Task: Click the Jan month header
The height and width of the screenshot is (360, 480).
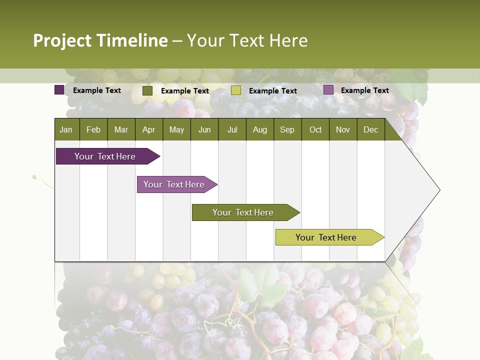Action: pos(66,129)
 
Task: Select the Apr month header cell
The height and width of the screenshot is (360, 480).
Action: pos(149,129)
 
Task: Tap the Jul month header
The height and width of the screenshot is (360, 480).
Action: pos(232,129)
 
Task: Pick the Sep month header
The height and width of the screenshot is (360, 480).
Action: pos(287,129)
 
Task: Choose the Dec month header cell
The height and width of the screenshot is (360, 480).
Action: pos(370,129)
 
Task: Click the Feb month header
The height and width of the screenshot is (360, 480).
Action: pos(93,129)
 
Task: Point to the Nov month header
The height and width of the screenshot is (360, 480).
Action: pos(343,129)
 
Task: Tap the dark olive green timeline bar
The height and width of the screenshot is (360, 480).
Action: pos(243,212)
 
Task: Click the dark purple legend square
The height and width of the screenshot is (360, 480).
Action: pos(59,90)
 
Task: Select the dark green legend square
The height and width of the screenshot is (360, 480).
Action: pos(147,90)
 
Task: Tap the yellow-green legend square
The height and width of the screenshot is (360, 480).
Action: pos(235,90)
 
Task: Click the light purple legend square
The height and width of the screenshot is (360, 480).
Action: pos(328,90)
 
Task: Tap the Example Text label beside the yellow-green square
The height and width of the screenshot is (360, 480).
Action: pos(272,90)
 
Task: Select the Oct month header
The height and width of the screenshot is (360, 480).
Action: pos(315,129)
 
